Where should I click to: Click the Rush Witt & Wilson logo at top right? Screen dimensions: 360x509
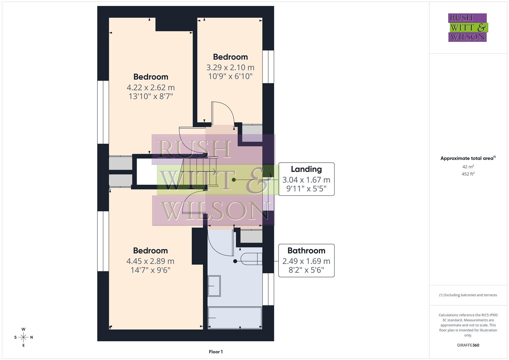click(x=467, y=27)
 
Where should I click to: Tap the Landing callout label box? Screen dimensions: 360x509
click(x=306, y=179)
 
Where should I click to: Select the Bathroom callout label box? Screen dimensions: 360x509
click(x=306, y=260)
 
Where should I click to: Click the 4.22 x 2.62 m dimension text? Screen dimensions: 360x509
click(x=151, y=88)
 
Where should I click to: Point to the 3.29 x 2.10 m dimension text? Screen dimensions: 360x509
click(x=230, y=68)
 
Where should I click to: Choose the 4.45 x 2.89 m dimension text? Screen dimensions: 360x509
click(x=150, y=261)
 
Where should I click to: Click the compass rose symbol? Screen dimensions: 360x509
click(x=23, y=337)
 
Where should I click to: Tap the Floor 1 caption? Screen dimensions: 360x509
click(x=216, y=352)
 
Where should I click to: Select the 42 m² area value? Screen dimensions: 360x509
click(x=468, y=167)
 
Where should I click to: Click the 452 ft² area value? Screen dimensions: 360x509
click(x=468, y=174)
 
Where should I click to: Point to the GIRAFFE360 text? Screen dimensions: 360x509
click(x=468, y=345)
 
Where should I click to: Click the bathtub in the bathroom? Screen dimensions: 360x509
click(x=235, y=318)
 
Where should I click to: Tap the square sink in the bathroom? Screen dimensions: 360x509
click(x=214, y=286)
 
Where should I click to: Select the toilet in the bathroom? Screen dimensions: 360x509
click(x=252, y=259)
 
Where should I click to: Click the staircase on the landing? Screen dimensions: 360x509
click(x=200, y=172)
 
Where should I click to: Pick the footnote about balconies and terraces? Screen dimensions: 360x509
click(x=468, y=295)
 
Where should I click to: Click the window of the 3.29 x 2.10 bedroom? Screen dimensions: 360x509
click(x=268, y=67)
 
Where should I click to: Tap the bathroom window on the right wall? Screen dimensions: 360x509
click(x=268, y=289)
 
